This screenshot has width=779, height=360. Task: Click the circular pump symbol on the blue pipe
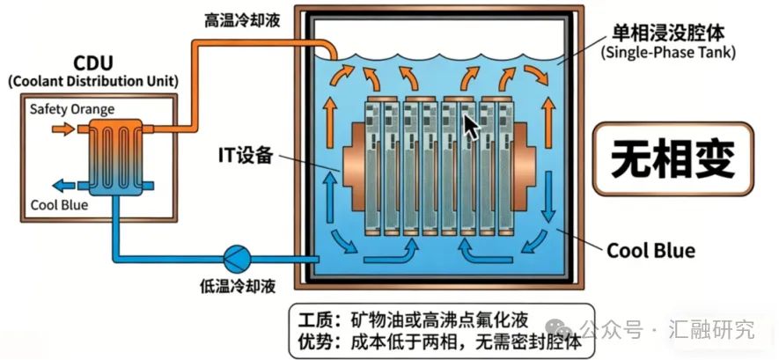tap(237, 257)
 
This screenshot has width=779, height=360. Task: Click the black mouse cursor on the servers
tap(472, 129)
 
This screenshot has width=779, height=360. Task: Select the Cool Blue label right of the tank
tap(650, 251)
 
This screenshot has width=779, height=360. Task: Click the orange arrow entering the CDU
tap(63, 129)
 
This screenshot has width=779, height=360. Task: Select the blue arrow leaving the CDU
tap(63, 186)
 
